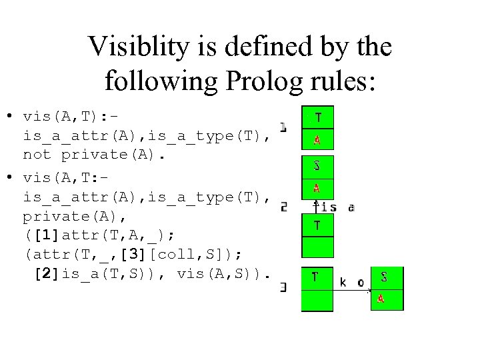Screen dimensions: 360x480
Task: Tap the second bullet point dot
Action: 10,178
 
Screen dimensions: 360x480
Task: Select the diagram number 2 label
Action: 284,207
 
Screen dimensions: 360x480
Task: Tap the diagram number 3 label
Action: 284,287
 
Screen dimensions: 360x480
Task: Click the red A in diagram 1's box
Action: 317,140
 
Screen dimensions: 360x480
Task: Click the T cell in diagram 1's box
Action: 317,118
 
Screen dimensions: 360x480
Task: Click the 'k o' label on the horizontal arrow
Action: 351,282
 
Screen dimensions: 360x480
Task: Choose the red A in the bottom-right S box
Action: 381,299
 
